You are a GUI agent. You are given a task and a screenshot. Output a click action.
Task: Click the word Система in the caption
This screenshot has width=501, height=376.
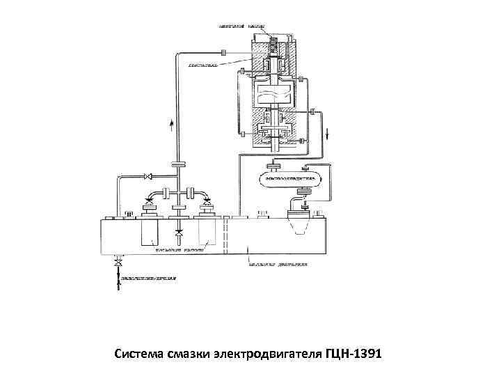coord(138,357)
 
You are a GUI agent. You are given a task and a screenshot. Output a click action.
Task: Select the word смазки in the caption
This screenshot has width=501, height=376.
coord(188,357)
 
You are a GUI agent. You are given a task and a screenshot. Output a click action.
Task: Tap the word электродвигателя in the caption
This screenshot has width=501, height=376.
coord(266,357)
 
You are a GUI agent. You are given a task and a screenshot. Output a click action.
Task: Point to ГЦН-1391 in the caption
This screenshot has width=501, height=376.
coord(353,357)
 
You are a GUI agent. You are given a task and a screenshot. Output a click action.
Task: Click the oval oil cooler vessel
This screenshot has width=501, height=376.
coord(289,180)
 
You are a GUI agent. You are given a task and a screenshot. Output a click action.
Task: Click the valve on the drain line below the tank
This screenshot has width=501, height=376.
coord(118,265)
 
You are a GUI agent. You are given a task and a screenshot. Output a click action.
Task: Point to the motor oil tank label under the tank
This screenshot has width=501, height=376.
coord(278,265)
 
